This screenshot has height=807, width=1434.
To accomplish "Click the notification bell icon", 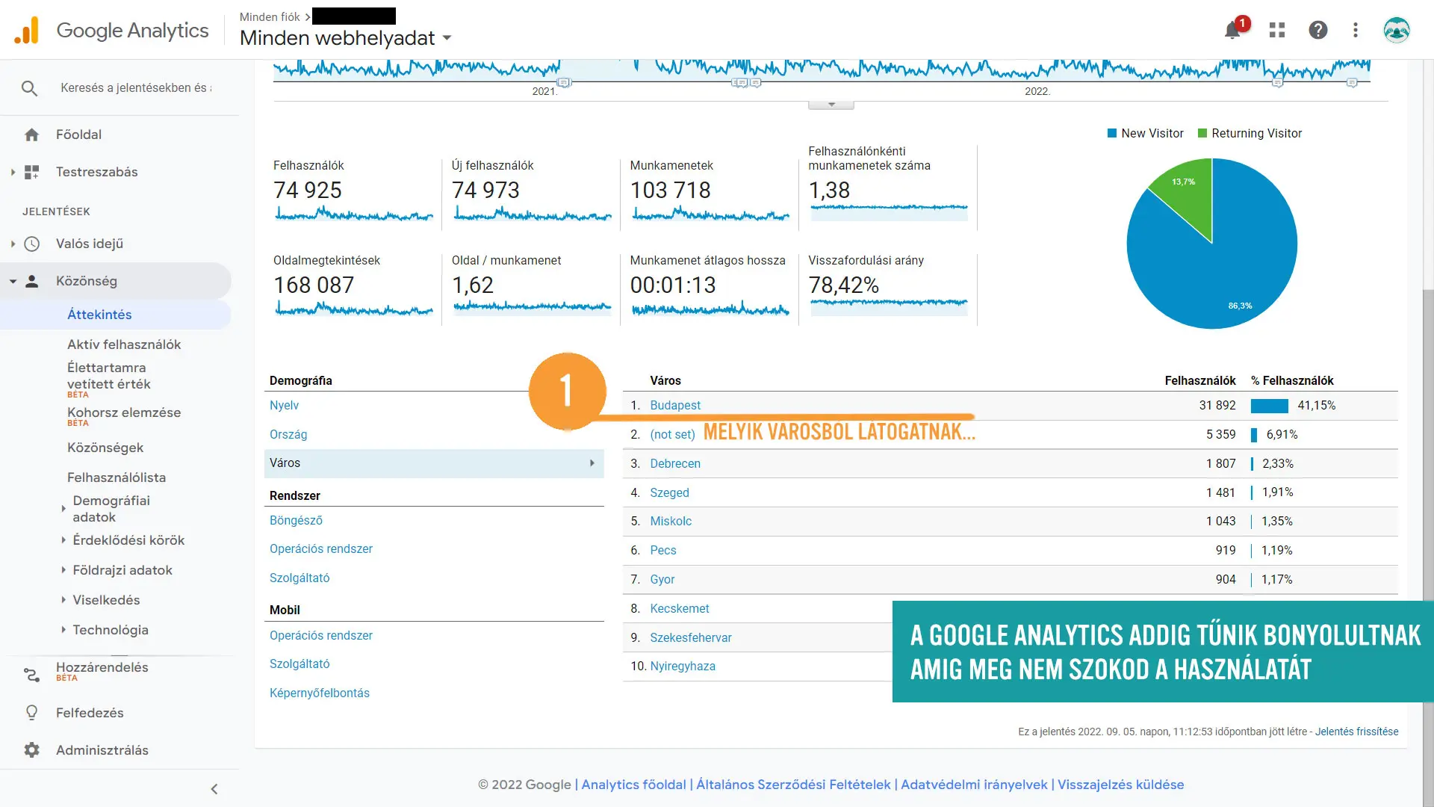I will coord(1232,31).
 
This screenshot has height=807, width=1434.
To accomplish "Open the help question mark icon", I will coord(1318,30).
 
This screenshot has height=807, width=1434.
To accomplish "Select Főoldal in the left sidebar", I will coord(78,134).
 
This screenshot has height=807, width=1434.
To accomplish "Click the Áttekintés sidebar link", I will coord(99,315).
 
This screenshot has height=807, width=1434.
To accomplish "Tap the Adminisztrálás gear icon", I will coord(31,750).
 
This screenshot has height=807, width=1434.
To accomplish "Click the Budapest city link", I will coord(675,405).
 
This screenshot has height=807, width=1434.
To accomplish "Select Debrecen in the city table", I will coord(675,463).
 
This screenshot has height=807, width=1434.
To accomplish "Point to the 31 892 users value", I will coord(1217,405).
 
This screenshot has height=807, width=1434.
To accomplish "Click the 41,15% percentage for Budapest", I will coord(1316,405).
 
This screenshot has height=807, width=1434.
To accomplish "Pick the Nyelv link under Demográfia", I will coord(284,405).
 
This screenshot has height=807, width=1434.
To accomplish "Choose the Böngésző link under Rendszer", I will coord(296,520).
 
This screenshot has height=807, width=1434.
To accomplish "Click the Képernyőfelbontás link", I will coord(320,693).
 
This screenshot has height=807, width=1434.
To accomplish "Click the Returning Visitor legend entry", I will coord(1256,133).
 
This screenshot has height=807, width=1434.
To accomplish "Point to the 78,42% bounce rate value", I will coord(843,285).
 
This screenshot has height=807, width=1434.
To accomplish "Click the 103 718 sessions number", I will coord(670,191).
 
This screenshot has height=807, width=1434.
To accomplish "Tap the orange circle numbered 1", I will coord(567,391).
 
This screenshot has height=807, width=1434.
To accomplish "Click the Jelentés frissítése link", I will coord(1356,732).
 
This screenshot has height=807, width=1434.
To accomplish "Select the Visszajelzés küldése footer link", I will coord(1120,785).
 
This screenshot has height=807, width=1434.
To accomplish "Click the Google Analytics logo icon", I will coord(27,31).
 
